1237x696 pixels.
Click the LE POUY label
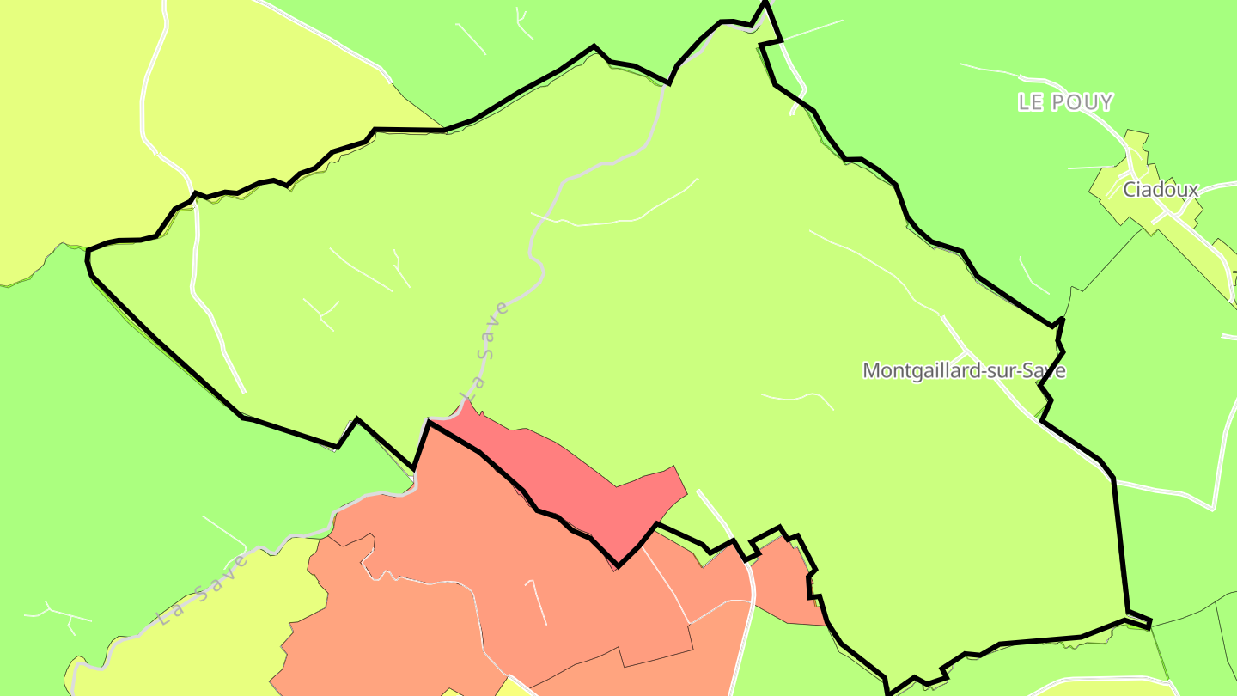pos(1064,102)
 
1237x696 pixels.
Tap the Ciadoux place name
pos(1161,190)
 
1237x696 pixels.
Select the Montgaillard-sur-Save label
pos(964,370)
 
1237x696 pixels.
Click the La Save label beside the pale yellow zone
pos(204,589)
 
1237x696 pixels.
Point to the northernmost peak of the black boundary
pos(765,4)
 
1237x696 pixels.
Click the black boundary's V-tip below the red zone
pos(618,565)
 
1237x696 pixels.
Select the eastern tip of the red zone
pos(686,494)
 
